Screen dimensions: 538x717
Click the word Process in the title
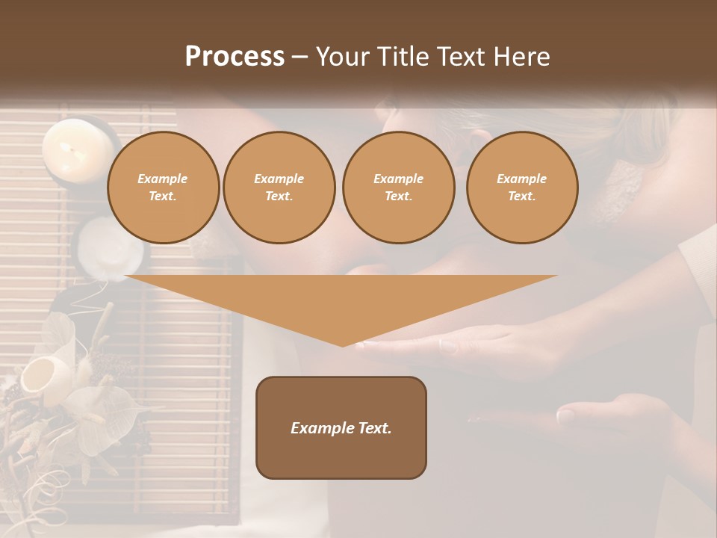(235, 57)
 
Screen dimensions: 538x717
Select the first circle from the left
(163, 188)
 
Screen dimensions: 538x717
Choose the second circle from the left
(279, 188)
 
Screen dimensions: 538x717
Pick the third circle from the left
(398, 188)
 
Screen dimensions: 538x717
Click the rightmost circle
(521, 188)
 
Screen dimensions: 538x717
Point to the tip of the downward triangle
(342, 345)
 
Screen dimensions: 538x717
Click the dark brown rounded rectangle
(341, 427)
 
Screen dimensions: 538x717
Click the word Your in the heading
(341, 57)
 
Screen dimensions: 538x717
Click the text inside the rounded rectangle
(341, 428)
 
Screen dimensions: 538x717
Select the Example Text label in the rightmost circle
(521, 188)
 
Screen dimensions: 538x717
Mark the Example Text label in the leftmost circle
(163, 188)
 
